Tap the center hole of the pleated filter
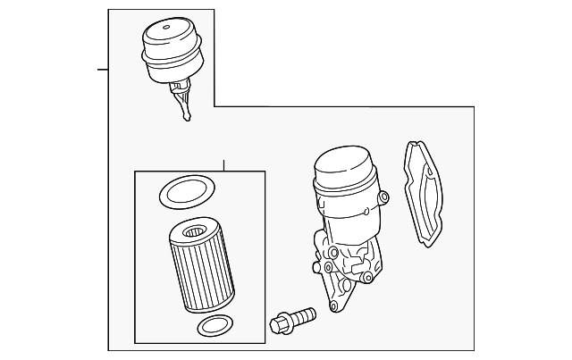pos(194,234)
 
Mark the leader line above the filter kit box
pos(223,166)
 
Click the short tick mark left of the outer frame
pos(103,68)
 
